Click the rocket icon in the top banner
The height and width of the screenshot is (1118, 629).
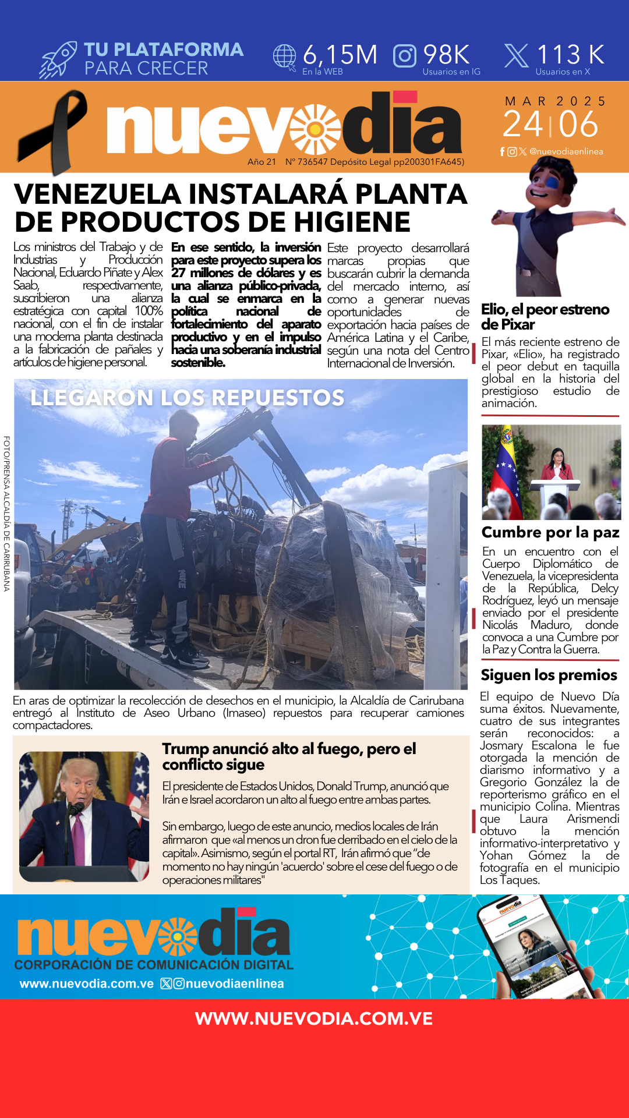(58, 59)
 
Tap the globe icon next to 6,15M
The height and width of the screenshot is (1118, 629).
(285, 56)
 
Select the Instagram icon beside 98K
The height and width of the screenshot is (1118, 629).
(405, 56)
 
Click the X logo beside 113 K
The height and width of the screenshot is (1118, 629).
(516, 56)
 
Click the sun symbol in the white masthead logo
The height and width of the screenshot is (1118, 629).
(315, 129)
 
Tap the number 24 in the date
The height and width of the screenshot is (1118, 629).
(522, 124)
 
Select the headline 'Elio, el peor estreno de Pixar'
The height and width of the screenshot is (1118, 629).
(545, 317)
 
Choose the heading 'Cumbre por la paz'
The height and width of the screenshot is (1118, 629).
(550, 532)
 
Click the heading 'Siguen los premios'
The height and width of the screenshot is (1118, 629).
(549, 675)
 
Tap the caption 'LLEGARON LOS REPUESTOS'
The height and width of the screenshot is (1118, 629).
(188, 398)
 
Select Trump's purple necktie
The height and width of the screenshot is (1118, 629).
(77, 838)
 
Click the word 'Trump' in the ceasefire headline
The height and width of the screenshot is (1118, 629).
(185, 749)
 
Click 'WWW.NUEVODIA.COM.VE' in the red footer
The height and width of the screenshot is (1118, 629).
(314, 1018)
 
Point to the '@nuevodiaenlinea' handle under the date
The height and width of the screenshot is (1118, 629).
(566, 151)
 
